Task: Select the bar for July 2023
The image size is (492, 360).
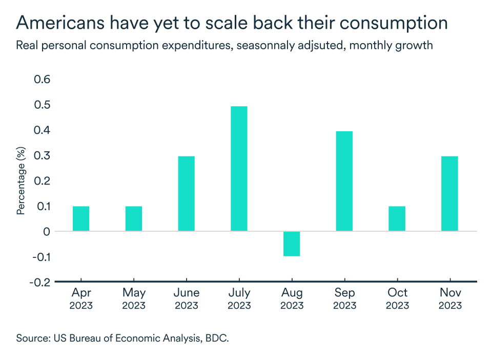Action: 239,169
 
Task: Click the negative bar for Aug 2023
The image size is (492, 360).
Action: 292,244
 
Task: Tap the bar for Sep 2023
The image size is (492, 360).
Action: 344,181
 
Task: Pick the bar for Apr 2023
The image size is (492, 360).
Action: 81,218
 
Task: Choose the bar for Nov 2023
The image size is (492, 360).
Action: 449,194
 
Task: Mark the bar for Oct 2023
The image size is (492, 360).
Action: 397,218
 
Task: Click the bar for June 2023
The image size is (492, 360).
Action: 186,194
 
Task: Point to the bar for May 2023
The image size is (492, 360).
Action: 134,218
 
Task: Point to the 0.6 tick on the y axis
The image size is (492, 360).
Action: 42,79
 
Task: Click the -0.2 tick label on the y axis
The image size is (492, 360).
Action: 40,282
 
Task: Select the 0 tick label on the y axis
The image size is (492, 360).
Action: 47,232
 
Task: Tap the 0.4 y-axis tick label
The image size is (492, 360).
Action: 42,130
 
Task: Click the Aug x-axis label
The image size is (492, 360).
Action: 292,293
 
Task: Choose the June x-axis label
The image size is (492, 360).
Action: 186,293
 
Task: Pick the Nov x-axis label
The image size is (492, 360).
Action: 449,293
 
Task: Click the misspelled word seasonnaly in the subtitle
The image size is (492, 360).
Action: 235,45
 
